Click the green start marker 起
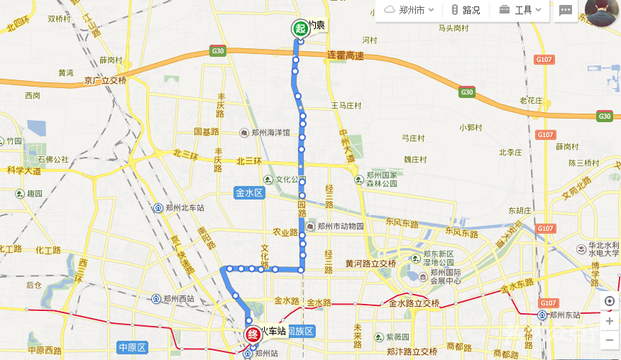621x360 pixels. pyautogui.click(x=299, y=28)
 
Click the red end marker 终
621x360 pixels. pyautogui.click(x=253, y=334)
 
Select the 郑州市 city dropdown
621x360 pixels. pyautogui.click(x=409, y=10)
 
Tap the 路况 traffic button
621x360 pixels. pyautogui.click(x=466, y=10)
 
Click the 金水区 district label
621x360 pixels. pyautogui.click(x=250, y=193)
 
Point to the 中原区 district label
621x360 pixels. pyautogui.click(x=132, y=348)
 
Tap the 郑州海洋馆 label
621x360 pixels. pyautogui.click(x=266, y=133)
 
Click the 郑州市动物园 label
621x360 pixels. pyautogui.click(x=335, y=226)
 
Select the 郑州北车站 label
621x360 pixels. pyautogui.click(x=181, y=207)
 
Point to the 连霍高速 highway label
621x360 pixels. pyautogui.click(x=345, y=56)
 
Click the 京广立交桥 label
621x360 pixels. pyautogui.click(x=105, y=81)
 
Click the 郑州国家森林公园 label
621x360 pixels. pyautogui.click(x=381, y=179)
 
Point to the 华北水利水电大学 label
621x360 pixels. pyautogui.click(x=597, y=249)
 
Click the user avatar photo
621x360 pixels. pyautogui.click(x=601, y=12)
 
